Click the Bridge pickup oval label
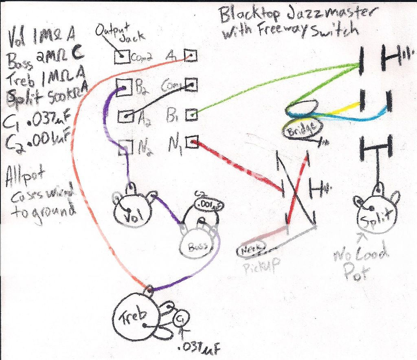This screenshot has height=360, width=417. pyautogui.click(x=302, y=130)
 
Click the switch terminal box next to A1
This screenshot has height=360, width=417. pyautogui.click(x=190, y=55)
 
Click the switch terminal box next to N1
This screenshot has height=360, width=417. pyautogui.click(x=191, y=142)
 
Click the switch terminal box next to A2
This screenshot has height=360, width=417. pyautogui.click(x=125, y=116)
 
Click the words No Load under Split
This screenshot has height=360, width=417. pyautogui.click(x=360, y=256)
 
